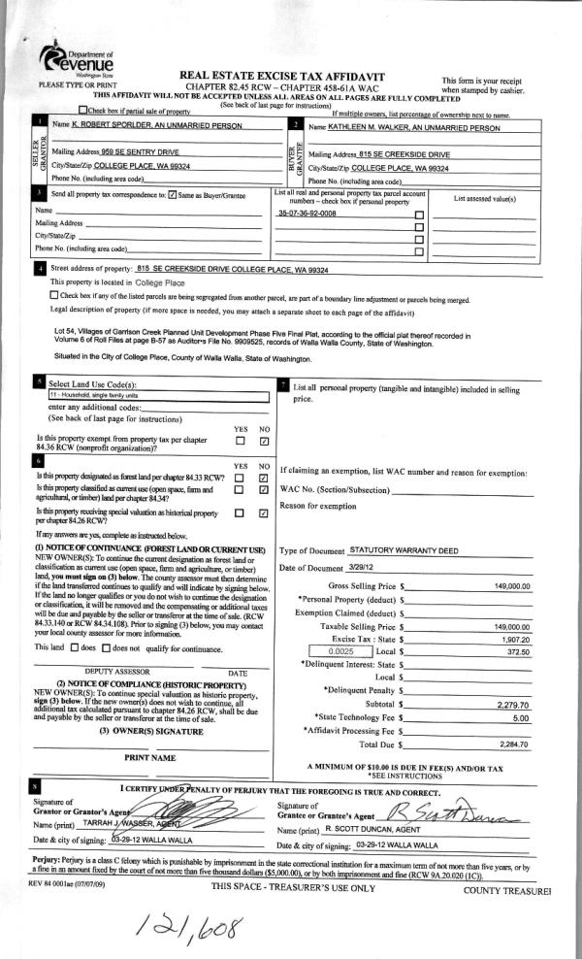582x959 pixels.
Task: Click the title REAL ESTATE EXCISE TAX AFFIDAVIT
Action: pyautogui.click(x=282, y=76)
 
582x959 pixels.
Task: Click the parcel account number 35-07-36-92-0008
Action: pyautogui.click(x=307, y=212)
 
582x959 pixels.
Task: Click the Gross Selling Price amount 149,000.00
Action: pyautogui.click(x=511, y=586)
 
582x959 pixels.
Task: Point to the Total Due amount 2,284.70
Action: pyautogui.click(x=511, y=744)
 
